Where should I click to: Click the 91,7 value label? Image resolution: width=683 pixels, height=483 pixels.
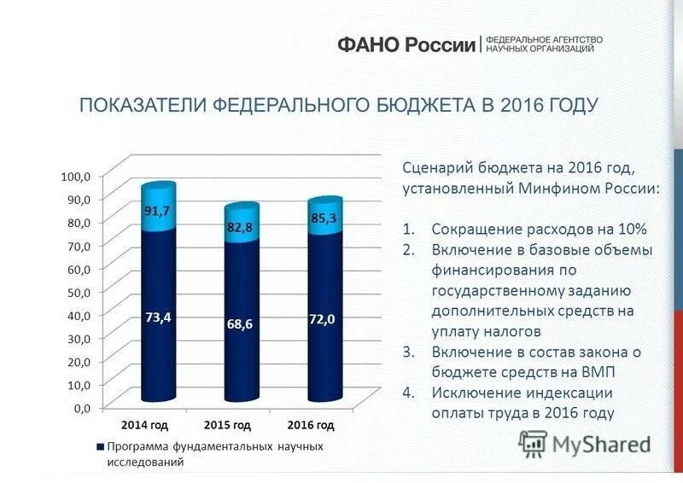tap(156, 212)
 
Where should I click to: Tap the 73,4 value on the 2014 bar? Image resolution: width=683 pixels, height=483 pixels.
tap(158, 317)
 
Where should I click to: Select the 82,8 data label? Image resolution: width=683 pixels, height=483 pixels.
tap(241, 227)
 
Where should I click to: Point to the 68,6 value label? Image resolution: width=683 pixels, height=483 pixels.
tap(240, 324)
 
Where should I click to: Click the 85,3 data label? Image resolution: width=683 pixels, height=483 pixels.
tap(324, 218)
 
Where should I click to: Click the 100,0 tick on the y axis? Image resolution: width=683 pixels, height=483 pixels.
tap(73, 176)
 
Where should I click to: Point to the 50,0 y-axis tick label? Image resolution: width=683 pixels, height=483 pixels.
tap(75, 292)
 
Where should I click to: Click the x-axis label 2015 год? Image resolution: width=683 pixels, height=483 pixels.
tap(228, 424)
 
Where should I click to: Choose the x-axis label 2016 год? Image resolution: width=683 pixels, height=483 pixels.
tap(310, 424)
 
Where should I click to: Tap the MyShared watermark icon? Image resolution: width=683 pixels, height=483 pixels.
tap(534, 443)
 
